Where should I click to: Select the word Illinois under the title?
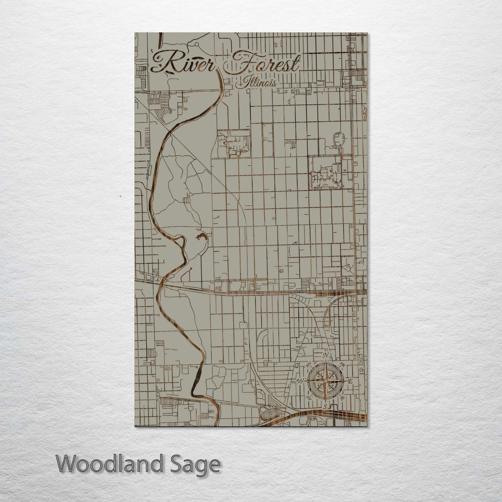(256, 83)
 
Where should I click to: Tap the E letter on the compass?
(350, 381)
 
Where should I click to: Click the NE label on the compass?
(343, 364)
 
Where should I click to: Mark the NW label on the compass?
(308, 364)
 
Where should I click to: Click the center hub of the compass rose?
(325, 381)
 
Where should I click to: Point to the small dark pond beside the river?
(201, 238)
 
